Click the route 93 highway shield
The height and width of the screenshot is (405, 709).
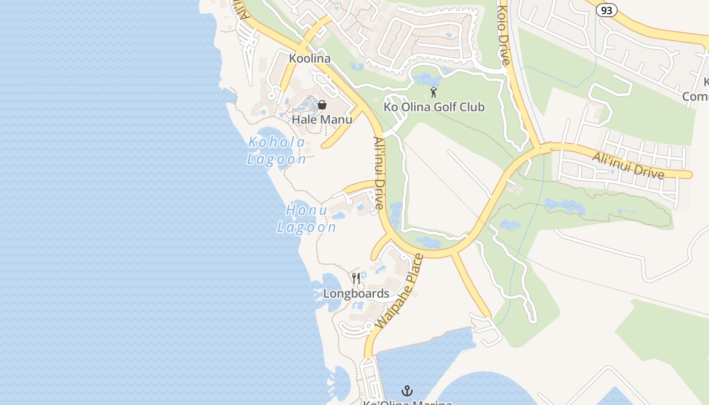(606, 10)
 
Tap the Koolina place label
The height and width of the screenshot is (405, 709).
(309, 59)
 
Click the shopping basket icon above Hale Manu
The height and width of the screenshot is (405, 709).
(322, 105)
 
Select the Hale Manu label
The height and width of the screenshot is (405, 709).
(322, 119)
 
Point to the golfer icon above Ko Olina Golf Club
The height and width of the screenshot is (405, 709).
(434, 92)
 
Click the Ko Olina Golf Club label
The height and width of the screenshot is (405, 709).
(434, 107)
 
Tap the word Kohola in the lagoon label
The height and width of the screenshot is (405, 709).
(277, 143)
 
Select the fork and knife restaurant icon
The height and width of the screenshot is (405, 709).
(356, 278)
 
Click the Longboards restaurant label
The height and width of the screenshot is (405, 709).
(356, 294)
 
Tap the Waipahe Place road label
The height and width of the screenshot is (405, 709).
(400, 292)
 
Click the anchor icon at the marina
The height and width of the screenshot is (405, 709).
(407, 391)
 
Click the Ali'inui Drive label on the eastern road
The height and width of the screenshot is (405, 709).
(628, 165)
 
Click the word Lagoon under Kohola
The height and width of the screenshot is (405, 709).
(277, 159)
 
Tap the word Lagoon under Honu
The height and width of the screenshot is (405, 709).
(306, 227)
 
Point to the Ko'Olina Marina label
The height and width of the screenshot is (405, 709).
(407, 402)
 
